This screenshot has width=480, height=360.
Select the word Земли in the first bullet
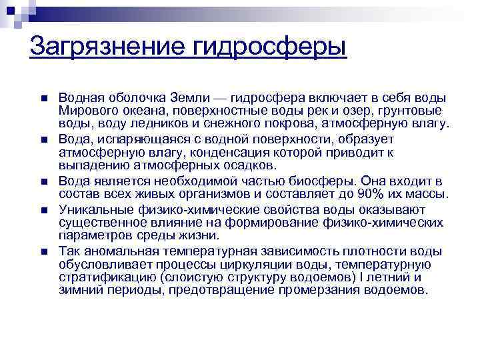click(197, 98)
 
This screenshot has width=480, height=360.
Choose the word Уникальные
click(93, 209)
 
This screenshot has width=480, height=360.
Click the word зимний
click(78, 290)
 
